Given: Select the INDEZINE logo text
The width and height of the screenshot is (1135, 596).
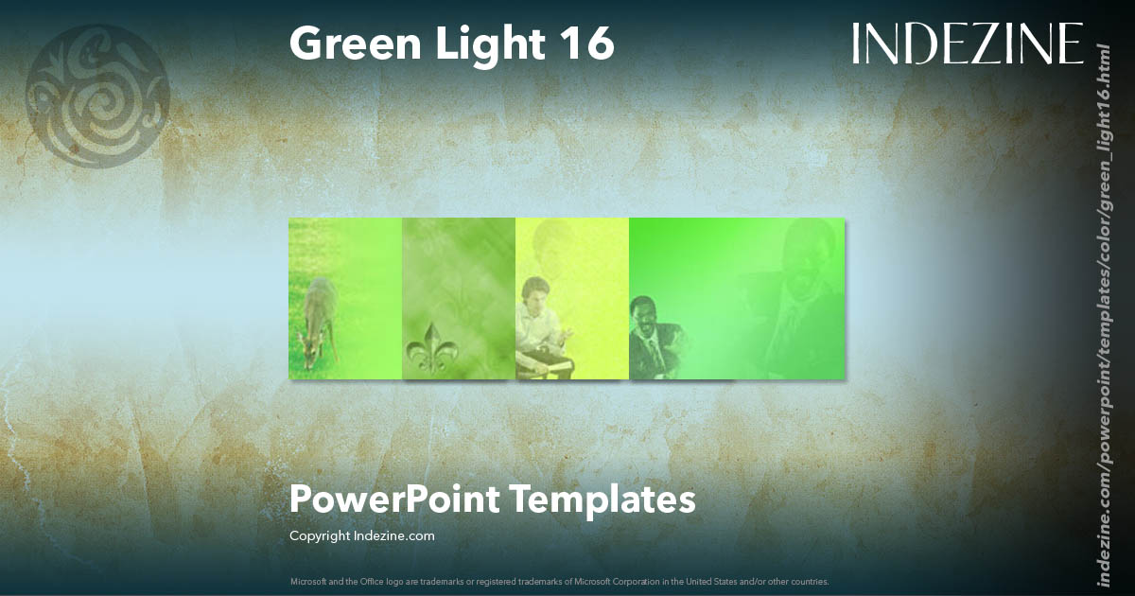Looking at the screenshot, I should [x=967, y=44].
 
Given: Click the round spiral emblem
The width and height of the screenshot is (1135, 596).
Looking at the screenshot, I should [x=96, y=96].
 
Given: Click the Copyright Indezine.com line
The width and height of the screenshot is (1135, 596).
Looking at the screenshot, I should [x=361, y=536].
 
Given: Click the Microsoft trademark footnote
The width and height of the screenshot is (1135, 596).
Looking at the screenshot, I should [x=559, y=581].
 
